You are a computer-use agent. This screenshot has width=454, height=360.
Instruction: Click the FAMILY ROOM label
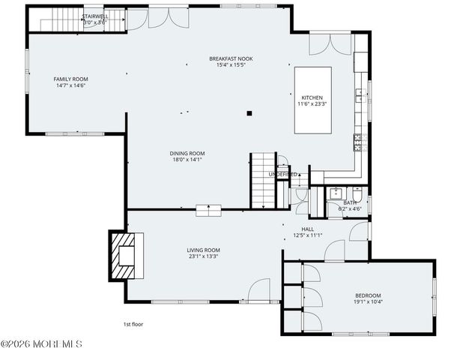(x=70, y=79)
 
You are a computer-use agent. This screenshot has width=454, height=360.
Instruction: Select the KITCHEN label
(x=312, y=97)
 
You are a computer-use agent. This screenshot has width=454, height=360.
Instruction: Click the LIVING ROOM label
(x=203, y=250)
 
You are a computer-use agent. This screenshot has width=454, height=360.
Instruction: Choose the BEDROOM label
(x=368, y=295)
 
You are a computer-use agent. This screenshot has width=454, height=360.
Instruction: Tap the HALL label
(x=307, y=229)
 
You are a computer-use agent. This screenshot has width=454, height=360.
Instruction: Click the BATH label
(x=350, y=202)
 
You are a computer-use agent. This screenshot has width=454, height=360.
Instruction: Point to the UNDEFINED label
(x=283, y=175)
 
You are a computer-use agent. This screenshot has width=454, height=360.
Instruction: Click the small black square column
(x=249, y=114)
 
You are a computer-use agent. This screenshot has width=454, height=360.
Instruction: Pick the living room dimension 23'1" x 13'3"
(x=203, y=256)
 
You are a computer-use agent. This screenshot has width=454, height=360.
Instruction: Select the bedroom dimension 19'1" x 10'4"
(x=368, y=301)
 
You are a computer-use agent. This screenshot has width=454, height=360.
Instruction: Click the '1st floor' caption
(x=133, y=325)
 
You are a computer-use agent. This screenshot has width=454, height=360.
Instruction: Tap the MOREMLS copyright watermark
(x=41, y=344)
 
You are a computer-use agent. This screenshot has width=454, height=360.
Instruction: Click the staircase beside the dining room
(x=261, y=179)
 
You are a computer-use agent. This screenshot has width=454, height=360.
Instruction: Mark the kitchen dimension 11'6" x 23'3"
(x=312, y=104)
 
